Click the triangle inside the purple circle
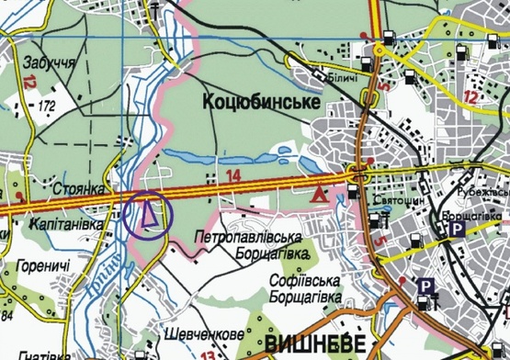(148, 214)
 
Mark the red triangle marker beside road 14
(319, 195)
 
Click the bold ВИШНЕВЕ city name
(313, 345)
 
